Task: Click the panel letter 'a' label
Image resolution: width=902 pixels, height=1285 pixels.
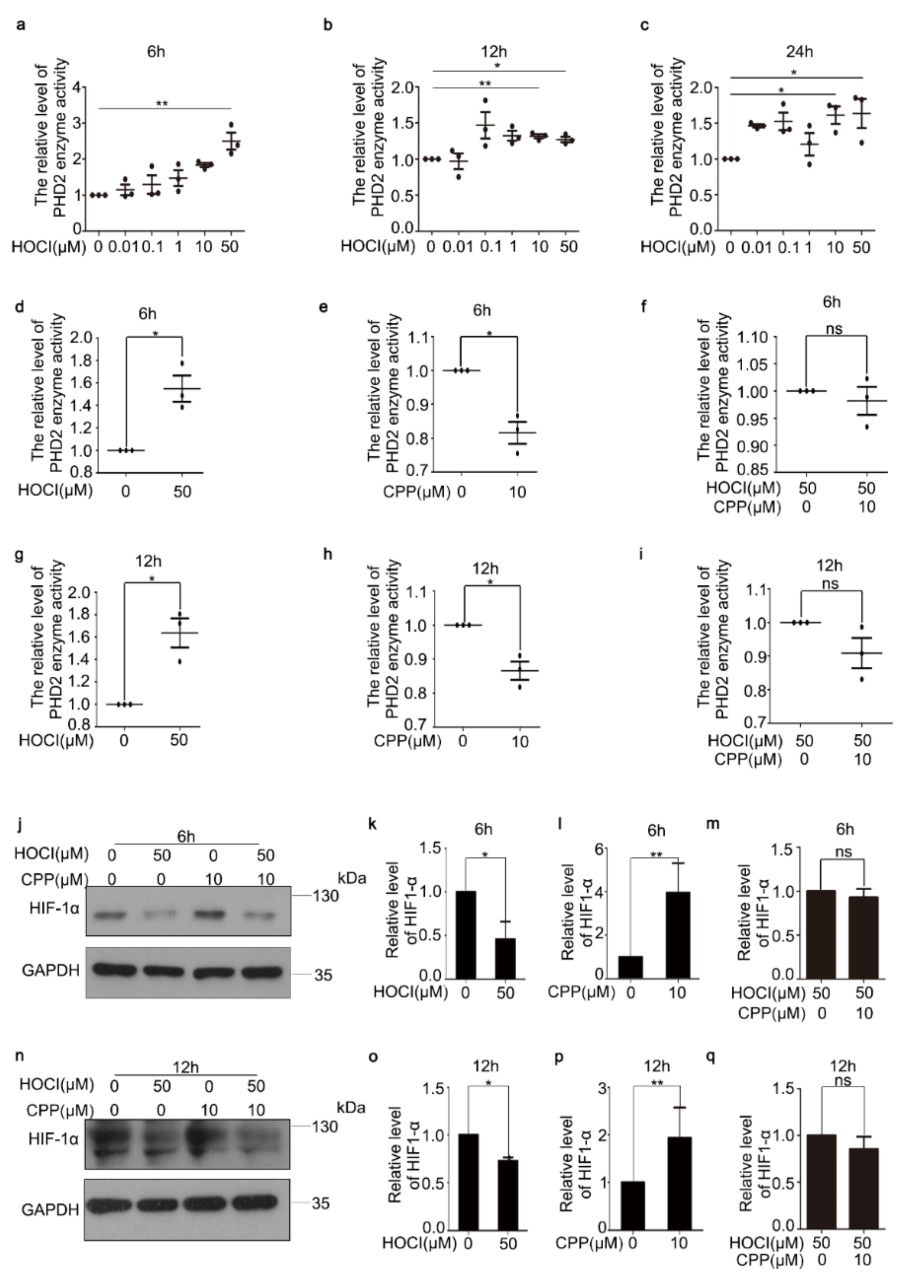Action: pyautogui.click(x=21, y=25)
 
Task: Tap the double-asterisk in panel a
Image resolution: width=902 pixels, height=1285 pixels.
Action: pyautogui.click(x=162, y=103)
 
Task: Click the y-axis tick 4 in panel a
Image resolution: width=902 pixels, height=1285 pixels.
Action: pyautogui.click(x=77, y=87)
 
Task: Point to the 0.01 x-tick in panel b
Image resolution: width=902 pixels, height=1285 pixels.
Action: pyautogui.click(x=458, y=247)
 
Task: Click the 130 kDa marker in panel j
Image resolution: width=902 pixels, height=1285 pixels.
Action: pyautogui.click(x=325, y=896)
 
